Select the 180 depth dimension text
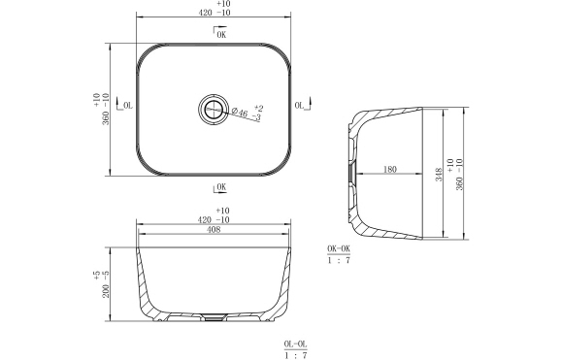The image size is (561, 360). [390, 170]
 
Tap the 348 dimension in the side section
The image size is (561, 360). [440, 175]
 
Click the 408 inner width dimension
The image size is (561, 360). [213, 231]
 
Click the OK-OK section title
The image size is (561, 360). [339, 249]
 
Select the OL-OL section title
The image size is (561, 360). [295, 344]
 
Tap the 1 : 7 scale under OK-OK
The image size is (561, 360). [339, 261]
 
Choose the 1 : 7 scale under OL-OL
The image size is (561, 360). [295, 356]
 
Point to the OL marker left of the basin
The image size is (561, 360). [123, 105]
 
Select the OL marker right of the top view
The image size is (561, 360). [301, 105]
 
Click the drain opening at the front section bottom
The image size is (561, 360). [214, 318]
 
